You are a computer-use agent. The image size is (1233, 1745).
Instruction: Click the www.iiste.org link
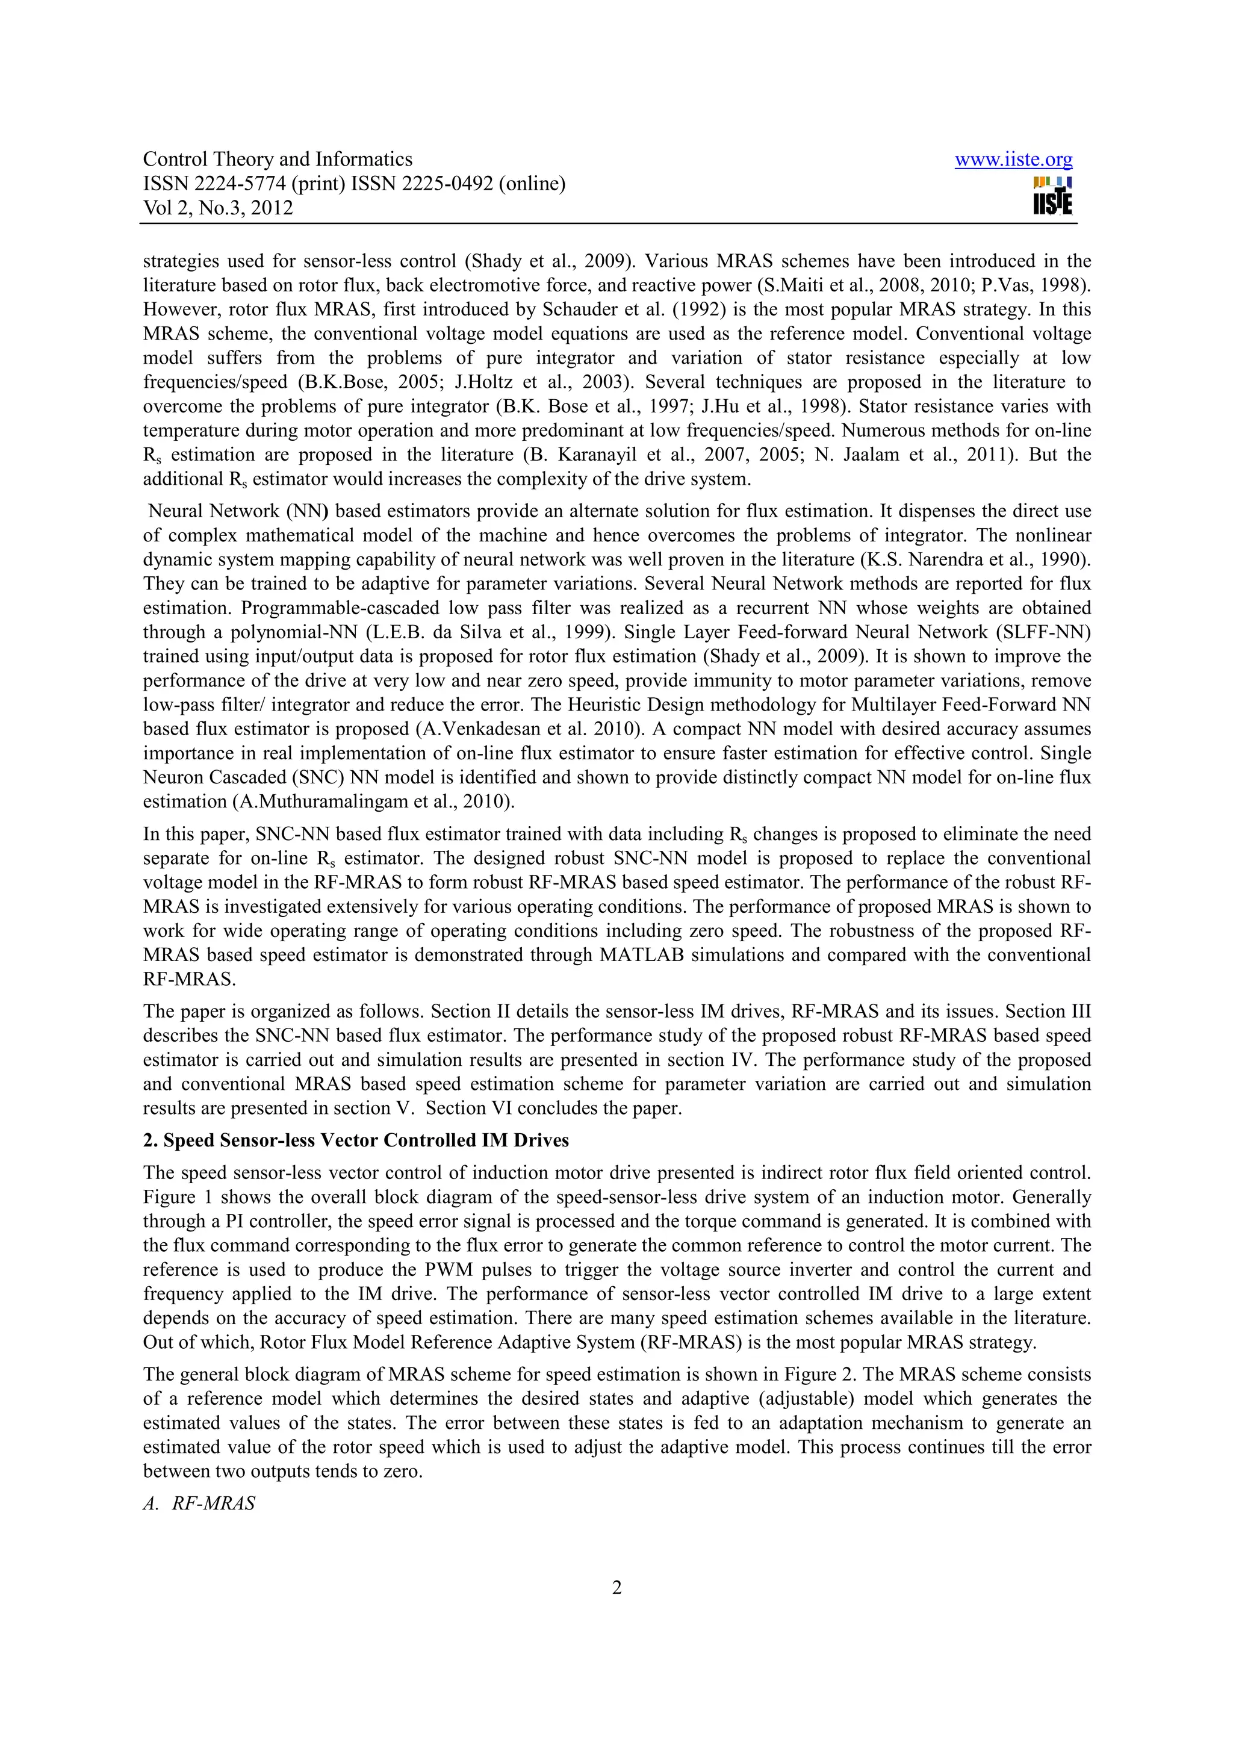1013,160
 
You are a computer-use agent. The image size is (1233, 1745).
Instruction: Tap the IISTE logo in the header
1052,196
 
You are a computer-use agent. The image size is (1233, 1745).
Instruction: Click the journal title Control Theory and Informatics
278,160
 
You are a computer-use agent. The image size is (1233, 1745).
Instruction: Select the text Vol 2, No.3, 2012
218,208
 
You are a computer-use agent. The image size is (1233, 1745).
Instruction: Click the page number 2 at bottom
616,1588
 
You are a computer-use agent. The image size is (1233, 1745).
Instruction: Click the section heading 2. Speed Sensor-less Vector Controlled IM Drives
356,1141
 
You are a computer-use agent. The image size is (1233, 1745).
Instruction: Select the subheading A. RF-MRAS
200,1504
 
